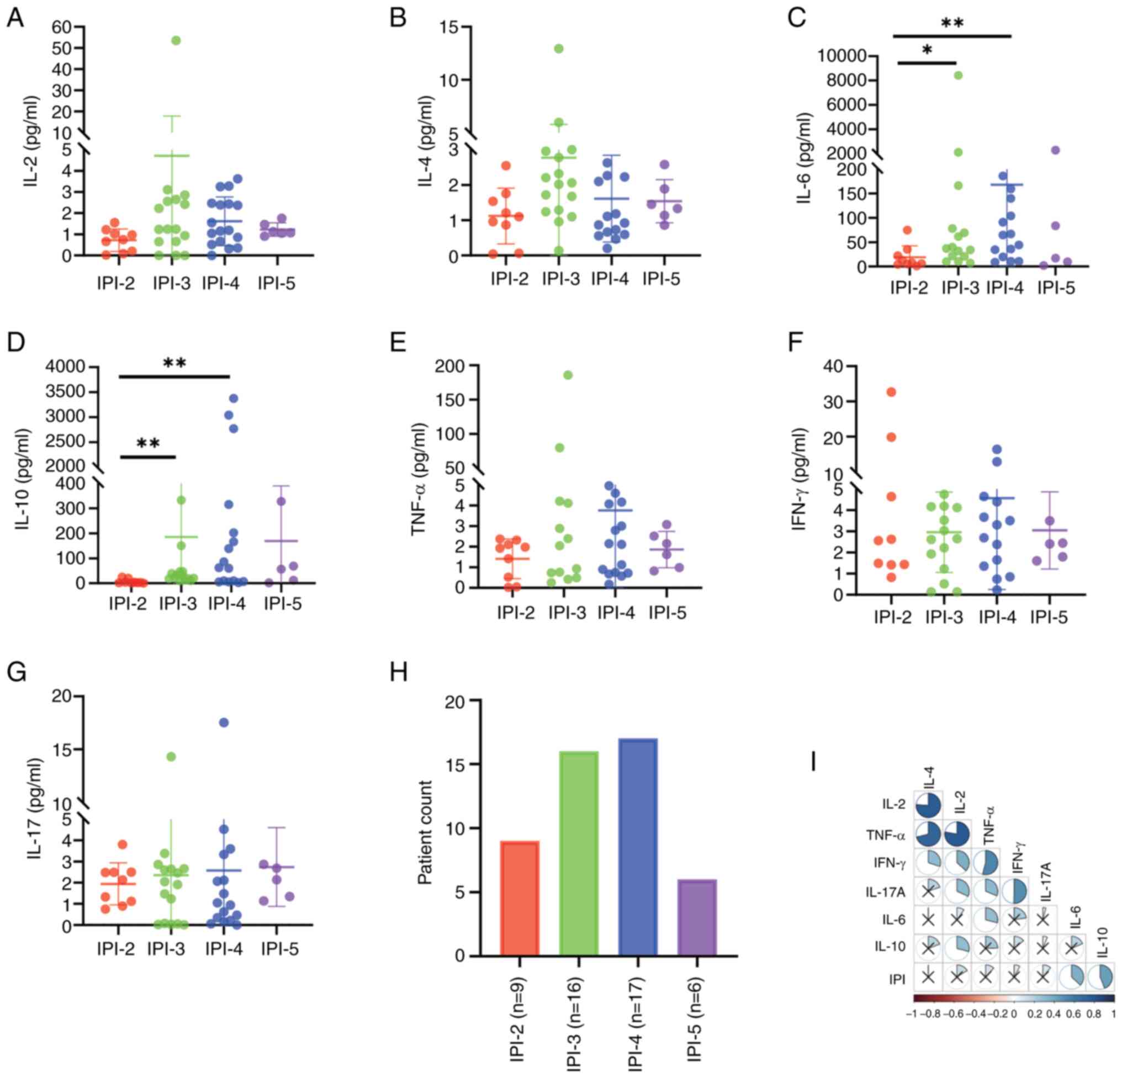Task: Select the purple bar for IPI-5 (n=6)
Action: (x=697, y=917)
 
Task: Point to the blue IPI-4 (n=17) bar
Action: (x=638, y=847)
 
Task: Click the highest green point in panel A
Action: (x=176, y=40)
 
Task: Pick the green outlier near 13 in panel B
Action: (x=559, y=49)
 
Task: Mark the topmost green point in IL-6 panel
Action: (x=958, y=76)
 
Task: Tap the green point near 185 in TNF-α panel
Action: (x=568, y=375)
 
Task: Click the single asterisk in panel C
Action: (x=927, y=50)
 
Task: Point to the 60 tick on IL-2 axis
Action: (x=63, y=26)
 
